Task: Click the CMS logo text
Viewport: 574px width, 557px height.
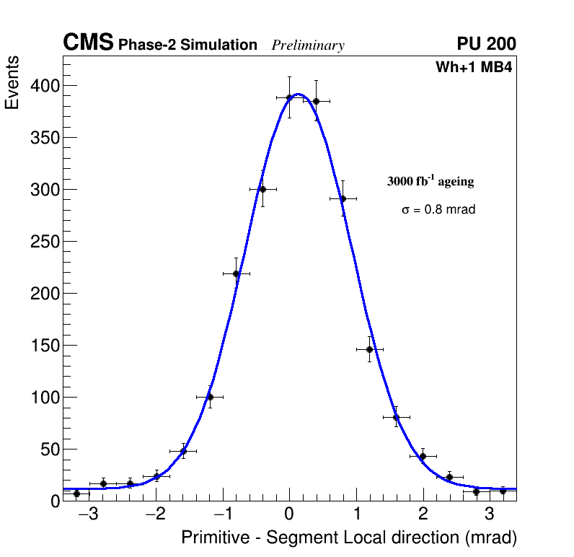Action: tap(88, 44)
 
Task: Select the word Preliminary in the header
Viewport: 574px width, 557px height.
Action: tap(308, 46)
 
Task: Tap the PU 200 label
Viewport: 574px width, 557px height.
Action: tap(486, 45)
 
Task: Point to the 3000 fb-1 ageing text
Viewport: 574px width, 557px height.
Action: tap(430, 181)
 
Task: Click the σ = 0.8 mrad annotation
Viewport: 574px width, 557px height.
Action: tap(438, 210)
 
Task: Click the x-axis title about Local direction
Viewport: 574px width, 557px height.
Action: tap(349, 538)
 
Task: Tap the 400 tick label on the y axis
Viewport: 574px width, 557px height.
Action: tap(45, 86)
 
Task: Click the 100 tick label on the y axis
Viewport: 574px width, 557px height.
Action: tap(45, 398)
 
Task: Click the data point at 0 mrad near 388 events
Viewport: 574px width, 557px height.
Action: tap(289, 97)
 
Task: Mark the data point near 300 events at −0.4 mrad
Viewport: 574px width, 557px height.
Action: tap(262, 189)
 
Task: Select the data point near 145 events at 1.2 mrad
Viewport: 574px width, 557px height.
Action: tap(369, 349)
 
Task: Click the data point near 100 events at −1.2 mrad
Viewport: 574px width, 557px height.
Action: tap(210, 397)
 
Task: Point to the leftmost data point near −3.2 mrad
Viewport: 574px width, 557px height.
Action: tap(76, 494)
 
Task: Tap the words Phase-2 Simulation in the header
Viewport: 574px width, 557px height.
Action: tap(187, 45)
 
